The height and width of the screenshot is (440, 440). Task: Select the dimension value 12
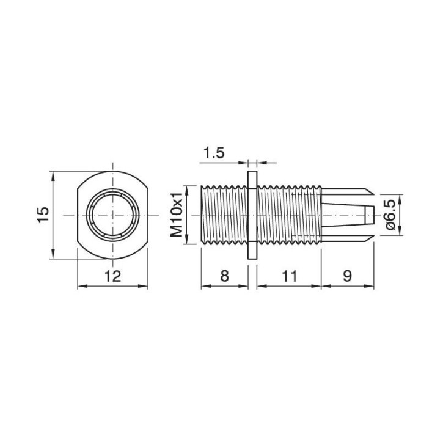tap(113, 276)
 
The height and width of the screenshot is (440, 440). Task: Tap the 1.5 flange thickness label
tap(214, 152)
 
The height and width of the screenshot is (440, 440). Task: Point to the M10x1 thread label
tap(177, 215)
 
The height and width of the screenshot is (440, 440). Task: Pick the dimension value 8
tap(224, 276)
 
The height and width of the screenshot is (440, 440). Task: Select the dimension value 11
tap(289, 276)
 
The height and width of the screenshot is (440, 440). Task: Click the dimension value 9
tap(346, 276)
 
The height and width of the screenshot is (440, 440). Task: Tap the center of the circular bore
tap(114, 215)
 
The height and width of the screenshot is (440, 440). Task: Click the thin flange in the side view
tap(252, 215)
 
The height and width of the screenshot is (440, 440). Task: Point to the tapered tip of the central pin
tap(369, 215)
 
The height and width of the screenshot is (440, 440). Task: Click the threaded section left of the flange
tap(224, 215)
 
